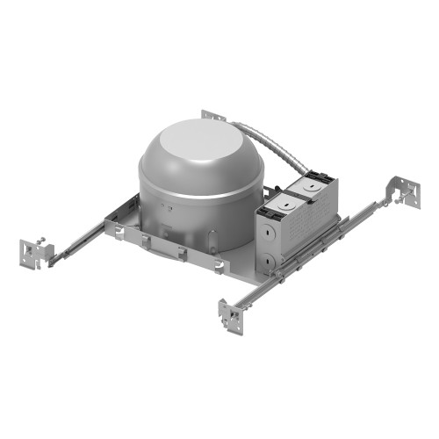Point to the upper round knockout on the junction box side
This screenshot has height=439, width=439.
pyautogui.click(x=263, y=233)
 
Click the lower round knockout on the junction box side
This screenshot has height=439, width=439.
pyautogui.click(x=266, y=259)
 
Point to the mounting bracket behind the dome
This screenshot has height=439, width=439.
pyautogui.click(x=213, y=117)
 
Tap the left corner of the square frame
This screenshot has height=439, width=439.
pyautogui.click(x=110, y=226)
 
